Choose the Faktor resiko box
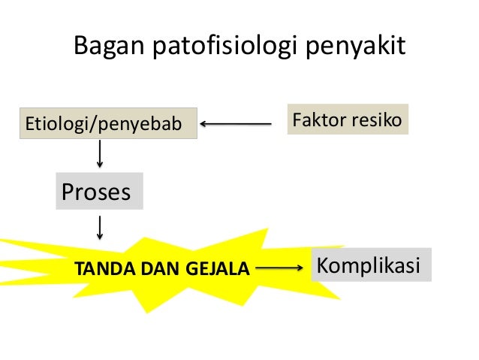(346, 119)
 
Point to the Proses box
(96, 192)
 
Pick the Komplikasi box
(371, 265)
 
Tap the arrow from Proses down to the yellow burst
(100, 228)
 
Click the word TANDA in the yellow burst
(98, 268)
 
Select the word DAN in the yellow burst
(156, 268)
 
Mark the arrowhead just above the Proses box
(100, 166)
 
